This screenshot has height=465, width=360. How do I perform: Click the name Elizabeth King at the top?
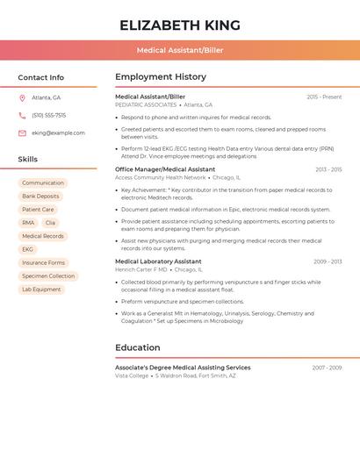179,25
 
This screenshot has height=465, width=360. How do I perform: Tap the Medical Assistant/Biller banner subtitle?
179,50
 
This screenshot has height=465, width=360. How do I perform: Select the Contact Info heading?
40,77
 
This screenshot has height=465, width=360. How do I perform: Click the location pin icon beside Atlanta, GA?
22,97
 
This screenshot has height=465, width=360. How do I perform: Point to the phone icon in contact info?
22,115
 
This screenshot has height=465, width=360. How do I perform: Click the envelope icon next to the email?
22,133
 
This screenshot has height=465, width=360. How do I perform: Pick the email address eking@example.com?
58,133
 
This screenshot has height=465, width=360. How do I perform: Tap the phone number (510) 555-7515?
48,115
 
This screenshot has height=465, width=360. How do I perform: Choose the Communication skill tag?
43,183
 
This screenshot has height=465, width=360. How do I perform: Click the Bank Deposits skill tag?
40,197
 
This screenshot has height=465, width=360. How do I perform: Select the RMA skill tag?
28,223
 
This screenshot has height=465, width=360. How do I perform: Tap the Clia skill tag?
50,223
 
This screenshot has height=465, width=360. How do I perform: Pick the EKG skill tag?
27,249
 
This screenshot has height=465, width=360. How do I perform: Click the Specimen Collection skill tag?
48,275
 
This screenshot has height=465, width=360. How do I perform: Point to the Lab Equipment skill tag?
41,289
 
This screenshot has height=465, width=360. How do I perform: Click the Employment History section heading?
161,77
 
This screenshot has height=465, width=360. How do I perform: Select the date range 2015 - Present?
324,97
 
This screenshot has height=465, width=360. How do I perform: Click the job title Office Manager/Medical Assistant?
165,169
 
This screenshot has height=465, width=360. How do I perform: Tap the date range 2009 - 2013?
328,261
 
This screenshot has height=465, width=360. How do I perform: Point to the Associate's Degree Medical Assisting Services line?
183,368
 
